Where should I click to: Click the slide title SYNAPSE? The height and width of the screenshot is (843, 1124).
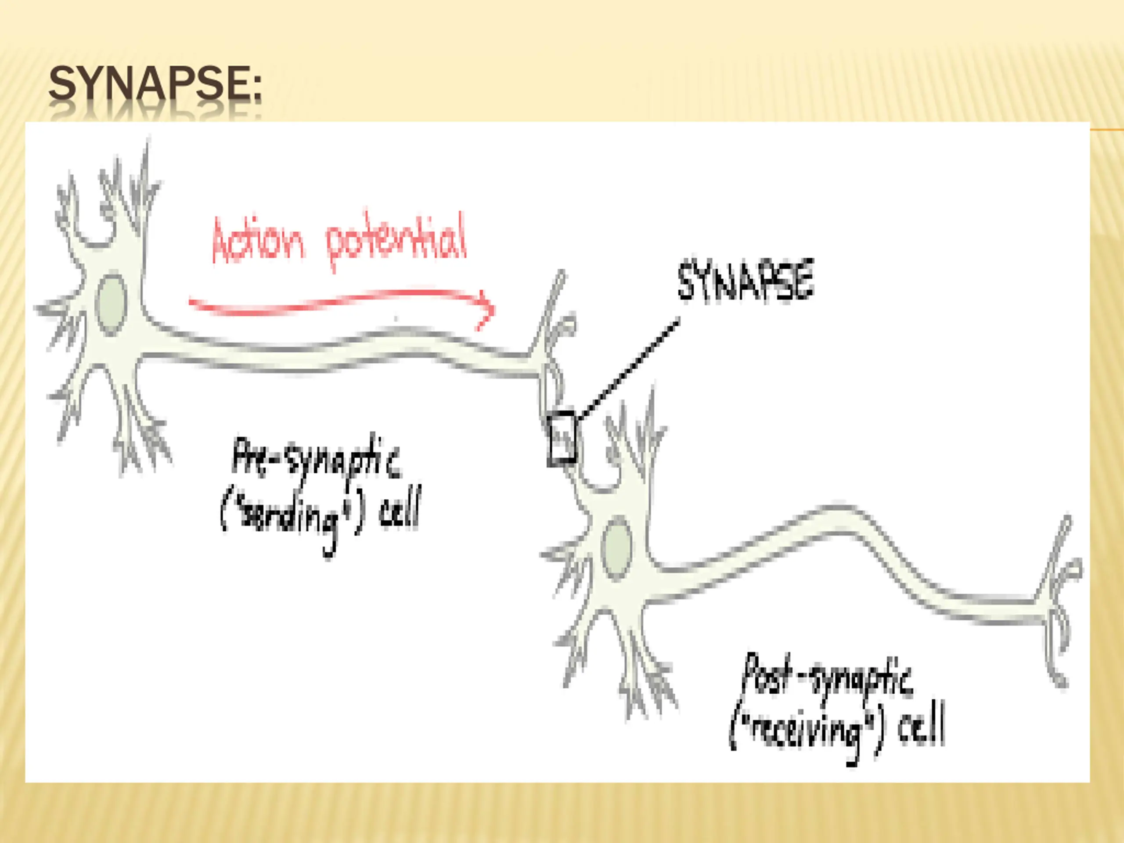pos(155,83)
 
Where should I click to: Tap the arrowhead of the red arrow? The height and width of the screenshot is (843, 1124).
pos(487,310)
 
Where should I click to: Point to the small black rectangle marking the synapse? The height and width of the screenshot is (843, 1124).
pos(562,438)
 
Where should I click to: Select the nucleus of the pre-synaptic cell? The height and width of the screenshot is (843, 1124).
pos(111,304)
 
